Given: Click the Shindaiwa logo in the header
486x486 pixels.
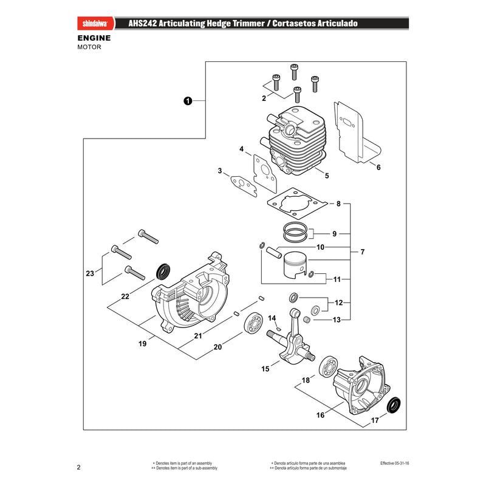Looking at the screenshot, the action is [x=95, y=24].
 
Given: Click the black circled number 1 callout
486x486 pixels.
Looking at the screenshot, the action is [x=188, y=101].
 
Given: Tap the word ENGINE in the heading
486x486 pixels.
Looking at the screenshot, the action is [x=94, y=38].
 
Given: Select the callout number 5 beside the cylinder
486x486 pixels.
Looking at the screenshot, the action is [x=327, y=176].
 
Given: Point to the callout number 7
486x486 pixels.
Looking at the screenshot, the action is [x=362, y=252].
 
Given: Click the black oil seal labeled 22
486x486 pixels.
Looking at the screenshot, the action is [x=163, y=272].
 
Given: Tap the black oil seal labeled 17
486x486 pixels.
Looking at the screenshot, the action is [x=394, y=405].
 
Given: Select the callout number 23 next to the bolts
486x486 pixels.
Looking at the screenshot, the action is [x=90, y=273].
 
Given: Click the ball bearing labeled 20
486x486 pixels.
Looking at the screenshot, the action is [x=253, y=323].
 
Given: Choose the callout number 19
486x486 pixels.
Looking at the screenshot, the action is [x=142, y=343].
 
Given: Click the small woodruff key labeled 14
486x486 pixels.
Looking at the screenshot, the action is [x=278, y=327].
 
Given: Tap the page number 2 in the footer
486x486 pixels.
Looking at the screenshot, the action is [x=79, y=467].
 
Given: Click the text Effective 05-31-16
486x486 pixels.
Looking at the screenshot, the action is [x=394, y=463].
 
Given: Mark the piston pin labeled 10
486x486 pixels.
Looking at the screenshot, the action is [x=274, y=252].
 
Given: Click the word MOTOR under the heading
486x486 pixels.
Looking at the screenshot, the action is [x=89, y=47].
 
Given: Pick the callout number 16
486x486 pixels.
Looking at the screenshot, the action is [x=320, y=415].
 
